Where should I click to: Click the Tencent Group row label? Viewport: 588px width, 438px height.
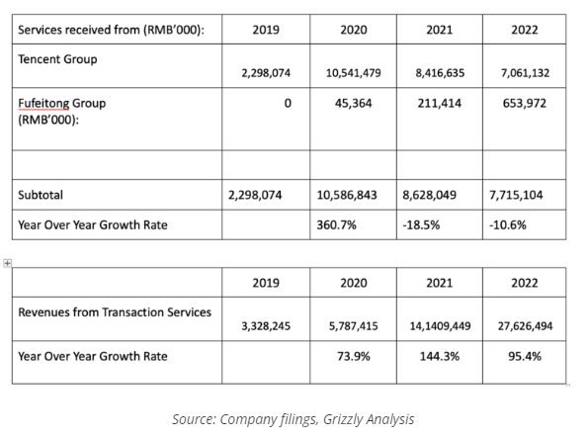pyautogui.click(x=57, y=59)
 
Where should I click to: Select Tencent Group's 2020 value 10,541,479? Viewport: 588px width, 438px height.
pyautogui.click(x=353, y=73)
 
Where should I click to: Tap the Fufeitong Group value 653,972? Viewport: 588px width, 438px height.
pyautogui.click(x=524, y=103)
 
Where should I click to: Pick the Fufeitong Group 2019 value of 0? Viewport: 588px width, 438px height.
pyautogui.click(x=288, y=103)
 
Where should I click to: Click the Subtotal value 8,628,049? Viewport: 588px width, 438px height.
pyautogui.click(x=429, y=195)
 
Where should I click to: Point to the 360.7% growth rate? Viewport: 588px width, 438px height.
pyautogui.click(x=336, y=224)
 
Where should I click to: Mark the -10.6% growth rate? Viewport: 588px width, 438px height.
pyautogui.click(x=508, y=224)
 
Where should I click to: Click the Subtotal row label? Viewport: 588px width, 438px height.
pyautogui.click(x=41, y=195)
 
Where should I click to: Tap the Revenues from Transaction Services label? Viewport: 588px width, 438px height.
pyautogui.click(x=115, y=312)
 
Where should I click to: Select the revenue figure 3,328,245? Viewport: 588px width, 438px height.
pyautogui.click(x=266, y=326)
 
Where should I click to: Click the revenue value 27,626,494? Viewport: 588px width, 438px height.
pyautogui.click(x=525, y=326)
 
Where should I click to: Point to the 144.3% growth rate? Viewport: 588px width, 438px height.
pyautogui.click(x=440, y=356)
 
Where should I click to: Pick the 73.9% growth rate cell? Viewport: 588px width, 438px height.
pyautogui.click(x=354, y=356)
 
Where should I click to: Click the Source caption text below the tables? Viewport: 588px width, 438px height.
pyautogui.click(x=294, y=419)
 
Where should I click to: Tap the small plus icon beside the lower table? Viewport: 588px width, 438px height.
pyautogui.click(x=7, y=263)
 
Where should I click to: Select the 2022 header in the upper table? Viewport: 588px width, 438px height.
pyautogui.click(x=524, y=30)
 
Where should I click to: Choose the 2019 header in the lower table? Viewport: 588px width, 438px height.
pyautogui.click(x=266, y=283)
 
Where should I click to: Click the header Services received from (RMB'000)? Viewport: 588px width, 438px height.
pyautogui.click(x=112, y=30)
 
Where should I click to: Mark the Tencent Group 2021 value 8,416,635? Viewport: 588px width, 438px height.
pyautogui.click(x=440, y=73)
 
